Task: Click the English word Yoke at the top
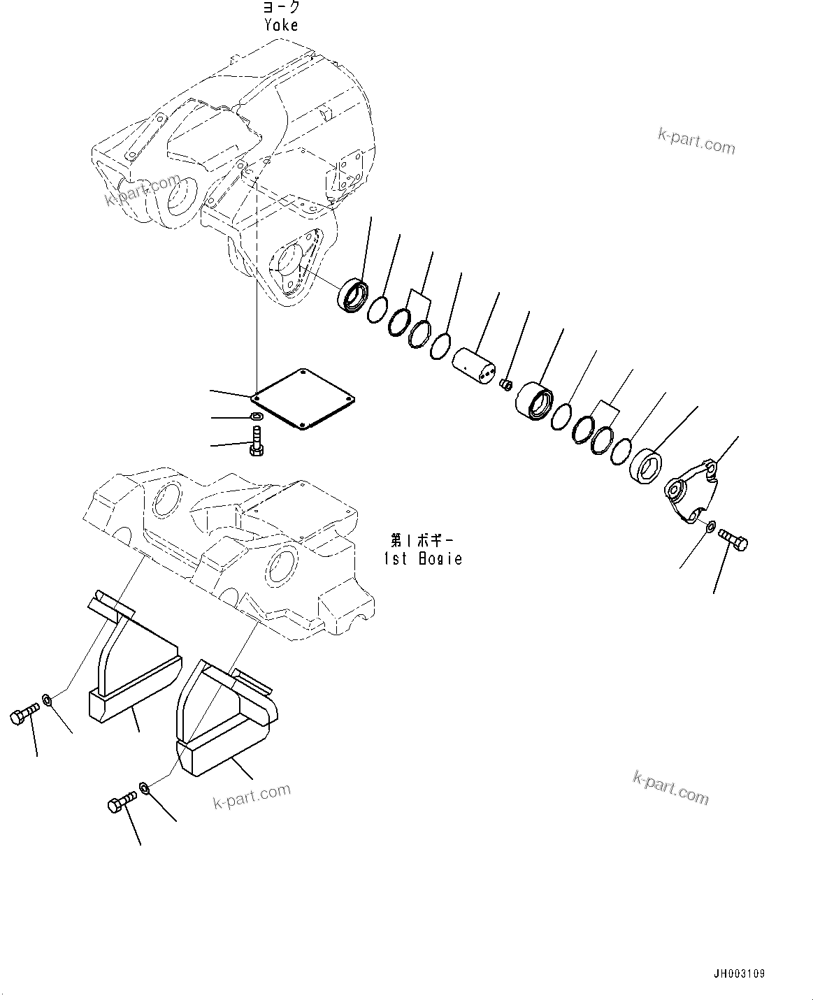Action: click(282, 25)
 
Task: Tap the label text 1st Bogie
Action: click(423, 558)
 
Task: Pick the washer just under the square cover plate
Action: click(257, 418)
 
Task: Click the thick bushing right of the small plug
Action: click(535, 402)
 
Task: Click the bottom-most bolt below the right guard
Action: click(120, 804)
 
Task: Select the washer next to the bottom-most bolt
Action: click(145, 788)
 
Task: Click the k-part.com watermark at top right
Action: click(696, 142)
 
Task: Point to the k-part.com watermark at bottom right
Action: click(670, 788)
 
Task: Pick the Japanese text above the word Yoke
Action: click(281, 8)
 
